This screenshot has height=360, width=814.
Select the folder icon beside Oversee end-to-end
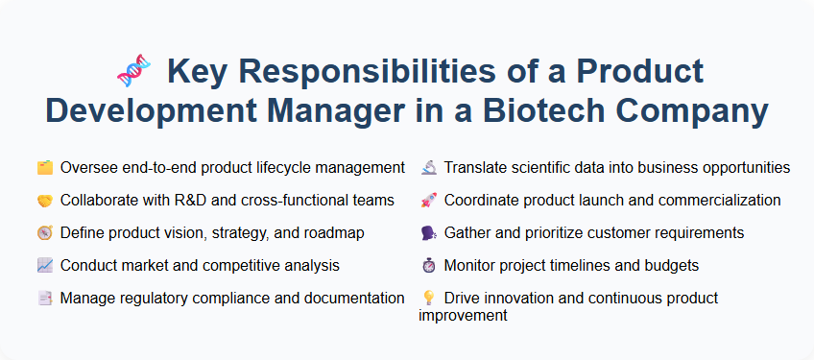[44, 168]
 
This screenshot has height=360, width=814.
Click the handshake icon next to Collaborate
[44, 201]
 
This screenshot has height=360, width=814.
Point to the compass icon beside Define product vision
[44, 233]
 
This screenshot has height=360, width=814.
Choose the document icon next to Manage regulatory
[44, 299]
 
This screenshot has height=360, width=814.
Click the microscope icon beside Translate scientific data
[429, 168]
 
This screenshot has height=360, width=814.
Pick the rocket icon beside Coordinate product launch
[429, 201]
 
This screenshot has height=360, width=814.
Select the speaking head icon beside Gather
[429, 233]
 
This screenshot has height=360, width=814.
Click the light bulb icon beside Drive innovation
[429, 299]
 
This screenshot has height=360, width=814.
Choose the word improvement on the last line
[463, 315]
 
